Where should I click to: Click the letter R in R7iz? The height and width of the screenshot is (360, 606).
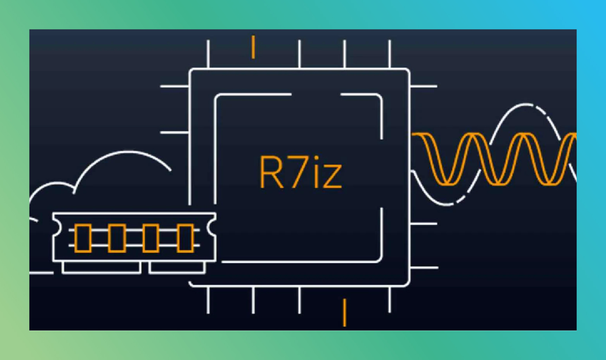[271, 172]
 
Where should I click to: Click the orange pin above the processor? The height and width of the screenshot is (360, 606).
[253, 47]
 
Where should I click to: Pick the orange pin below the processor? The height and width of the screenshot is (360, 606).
[345, 312]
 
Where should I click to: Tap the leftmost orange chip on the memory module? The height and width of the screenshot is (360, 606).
[83, 238]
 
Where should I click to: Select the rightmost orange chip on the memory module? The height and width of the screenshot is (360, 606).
[185, 238]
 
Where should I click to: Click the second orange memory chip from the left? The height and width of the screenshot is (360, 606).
[117, 238]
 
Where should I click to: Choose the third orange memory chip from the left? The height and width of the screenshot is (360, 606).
[150, 238]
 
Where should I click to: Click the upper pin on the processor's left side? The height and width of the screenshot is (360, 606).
[175, 86]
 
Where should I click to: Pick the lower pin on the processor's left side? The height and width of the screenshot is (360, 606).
[175, 132]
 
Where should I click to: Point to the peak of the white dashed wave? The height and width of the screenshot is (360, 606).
[526, 104]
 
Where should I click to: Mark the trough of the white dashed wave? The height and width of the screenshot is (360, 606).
[446, 204]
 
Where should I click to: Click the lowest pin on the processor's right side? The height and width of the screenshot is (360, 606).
[424, 268]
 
